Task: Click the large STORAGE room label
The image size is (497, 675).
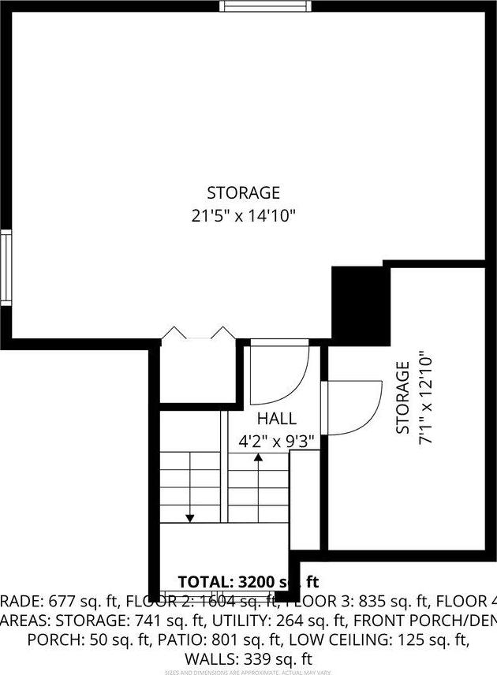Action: [x=243, y=192]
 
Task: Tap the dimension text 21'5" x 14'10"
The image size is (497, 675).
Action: [x=243, y=214]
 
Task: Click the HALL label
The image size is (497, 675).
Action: [x=277, y=419]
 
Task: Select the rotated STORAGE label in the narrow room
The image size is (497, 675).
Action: [x=403, y=397]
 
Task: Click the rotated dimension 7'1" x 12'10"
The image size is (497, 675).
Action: [x=426, y=397]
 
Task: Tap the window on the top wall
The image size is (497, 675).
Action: [x=266, y=6]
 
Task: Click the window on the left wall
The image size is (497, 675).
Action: [x=5, y=267]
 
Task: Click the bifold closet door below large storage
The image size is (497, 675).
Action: [x=196, y=335]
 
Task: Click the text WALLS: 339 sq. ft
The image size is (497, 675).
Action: [x=248, y=658]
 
